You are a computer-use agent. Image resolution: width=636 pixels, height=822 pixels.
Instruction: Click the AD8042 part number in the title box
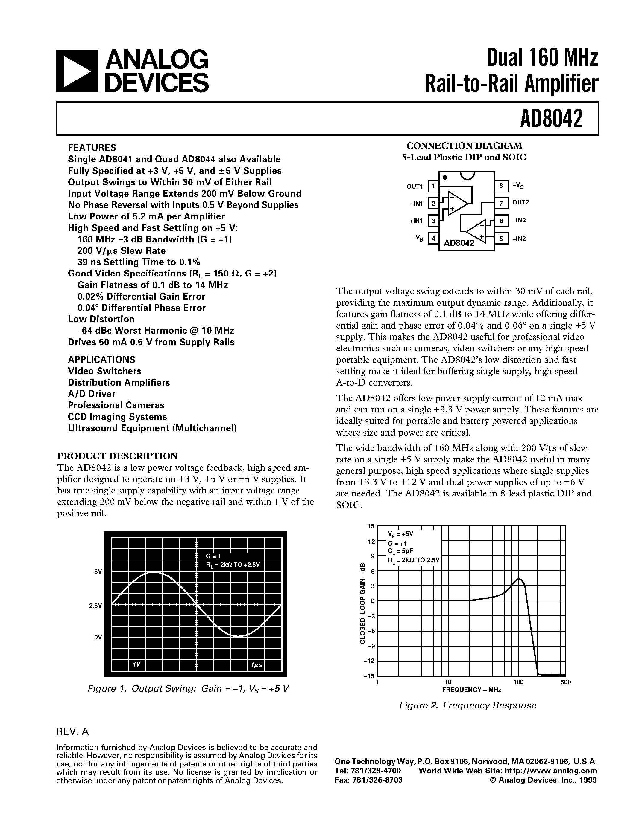click(551, 119)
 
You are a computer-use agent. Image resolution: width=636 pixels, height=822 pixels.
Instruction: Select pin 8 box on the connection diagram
click(501, 186)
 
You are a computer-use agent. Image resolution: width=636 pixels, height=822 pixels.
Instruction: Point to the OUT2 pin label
click(520, 202)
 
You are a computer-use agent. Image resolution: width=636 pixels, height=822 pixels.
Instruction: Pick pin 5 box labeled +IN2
click(501, 239)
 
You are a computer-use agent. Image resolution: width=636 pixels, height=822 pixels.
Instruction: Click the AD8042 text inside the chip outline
click(459, 243)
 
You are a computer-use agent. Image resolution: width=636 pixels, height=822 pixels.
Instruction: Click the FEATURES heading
click(92, 148)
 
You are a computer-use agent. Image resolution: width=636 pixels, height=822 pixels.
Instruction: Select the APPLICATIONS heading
click(101, 359)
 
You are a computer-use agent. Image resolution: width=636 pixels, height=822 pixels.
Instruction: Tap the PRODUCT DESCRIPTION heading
click(117, 456)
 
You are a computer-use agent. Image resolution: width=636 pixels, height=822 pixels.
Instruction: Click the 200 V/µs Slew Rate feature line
click(121, 251)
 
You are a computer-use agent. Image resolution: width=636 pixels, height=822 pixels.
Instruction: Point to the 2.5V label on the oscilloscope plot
click(95, 606)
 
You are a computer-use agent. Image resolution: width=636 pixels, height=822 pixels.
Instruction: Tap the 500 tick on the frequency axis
click(566, 682)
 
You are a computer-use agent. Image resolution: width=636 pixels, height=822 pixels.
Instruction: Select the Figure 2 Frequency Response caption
click(467, 705)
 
